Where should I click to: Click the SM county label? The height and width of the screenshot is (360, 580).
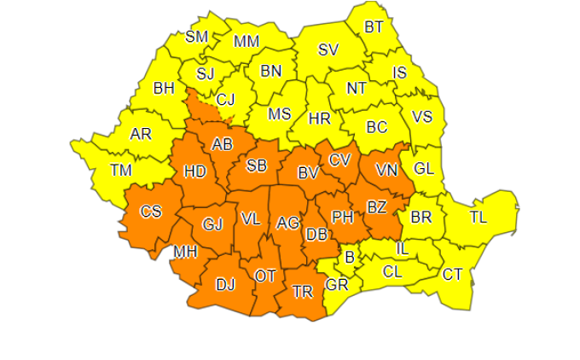coord(197,37)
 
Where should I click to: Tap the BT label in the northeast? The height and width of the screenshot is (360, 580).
coord(374,27)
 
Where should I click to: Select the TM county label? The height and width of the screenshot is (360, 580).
coord(122,171)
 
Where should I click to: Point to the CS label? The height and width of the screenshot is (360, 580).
coord(150,212)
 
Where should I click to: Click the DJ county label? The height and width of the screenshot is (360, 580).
coord(225,285)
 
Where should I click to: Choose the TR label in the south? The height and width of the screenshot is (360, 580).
coord(302,291)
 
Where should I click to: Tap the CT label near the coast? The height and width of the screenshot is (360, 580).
coord(452,275)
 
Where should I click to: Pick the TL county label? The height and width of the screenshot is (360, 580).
coord(478,218)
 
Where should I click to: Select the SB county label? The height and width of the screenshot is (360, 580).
coord(257,165)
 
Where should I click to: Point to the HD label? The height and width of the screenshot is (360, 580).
coord(195,171)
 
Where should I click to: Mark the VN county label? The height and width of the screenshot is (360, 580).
coord(387,171)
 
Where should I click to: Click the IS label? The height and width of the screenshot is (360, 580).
coord(399,73)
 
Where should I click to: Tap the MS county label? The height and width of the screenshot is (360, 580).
coord(280,114)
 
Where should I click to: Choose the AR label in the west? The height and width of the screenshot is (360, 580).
coord(141,135)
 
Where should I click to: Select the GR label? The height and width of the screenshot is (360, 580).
coord(338,284)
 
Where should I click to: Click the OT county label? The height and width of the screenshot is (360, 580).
coord(265,275)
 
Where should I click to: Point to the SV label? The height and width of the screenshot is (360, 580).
coord(328,49)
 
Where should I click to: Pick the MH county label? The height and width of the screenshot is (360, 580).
coord(185,253)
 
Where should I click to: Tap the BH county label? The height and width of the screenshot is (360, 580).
coord(165,88)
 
